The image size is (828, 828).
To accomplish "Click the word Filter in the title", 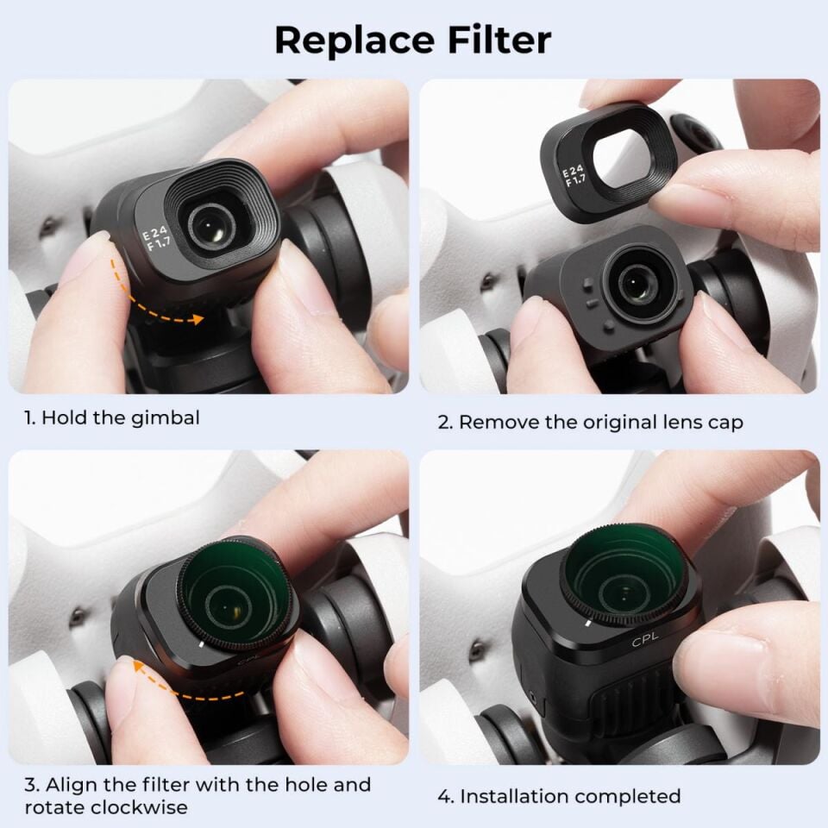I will point(504,41).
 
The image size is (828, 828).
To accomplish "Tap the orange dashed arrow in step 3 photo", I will point(172,681).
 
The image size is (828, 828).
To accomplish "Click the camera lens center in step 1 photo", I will point(208,226).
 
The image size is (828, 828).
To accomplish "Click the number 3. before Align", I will point(32,786).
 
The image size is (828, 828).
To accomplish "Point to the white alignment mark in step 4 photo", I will point(586,620).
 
